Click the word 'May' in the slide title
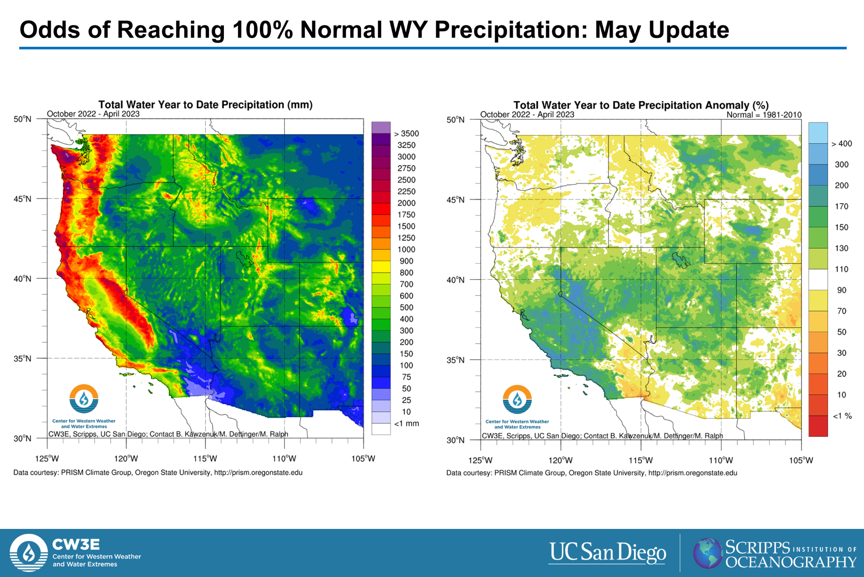click(618, 30)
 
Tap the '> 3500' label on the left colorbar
click(407, 134)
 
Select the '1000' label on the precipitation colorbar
click(406, 250)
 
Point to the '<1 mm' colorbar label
click(407, 424)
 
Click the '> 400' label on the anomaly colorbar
click(842, 144)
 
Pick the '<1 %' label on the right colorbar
click(842, 416)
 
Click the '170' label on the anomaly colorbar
click(842, 206)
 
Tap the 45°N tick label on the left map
click(22, 199)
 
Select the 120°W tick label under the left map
click(126, 459)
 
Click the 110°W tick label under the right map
click(721, 460)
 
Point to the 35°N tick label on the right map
click(456, 360)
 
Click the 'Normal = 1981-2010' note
click(764, 115)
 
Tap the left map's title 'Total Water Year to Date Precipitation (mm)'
click(206, 105)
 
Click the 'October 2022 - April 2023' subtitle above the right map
click(527, 115)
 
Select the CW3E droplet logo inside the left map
click(84, 399)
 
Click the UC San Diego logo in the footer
click(607, 553)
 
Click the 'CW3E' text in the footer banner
click(76, 544)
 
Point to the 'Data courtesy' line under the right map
click(592, 473)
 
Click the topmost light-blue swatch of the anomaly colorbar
click(818, 133)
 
